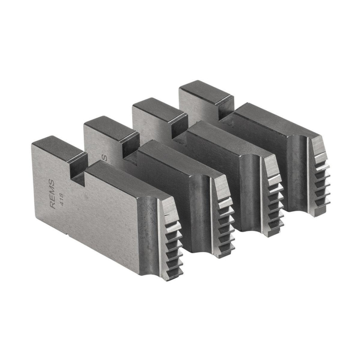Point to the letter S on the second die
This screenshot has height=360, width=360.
tap(105, 157)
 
